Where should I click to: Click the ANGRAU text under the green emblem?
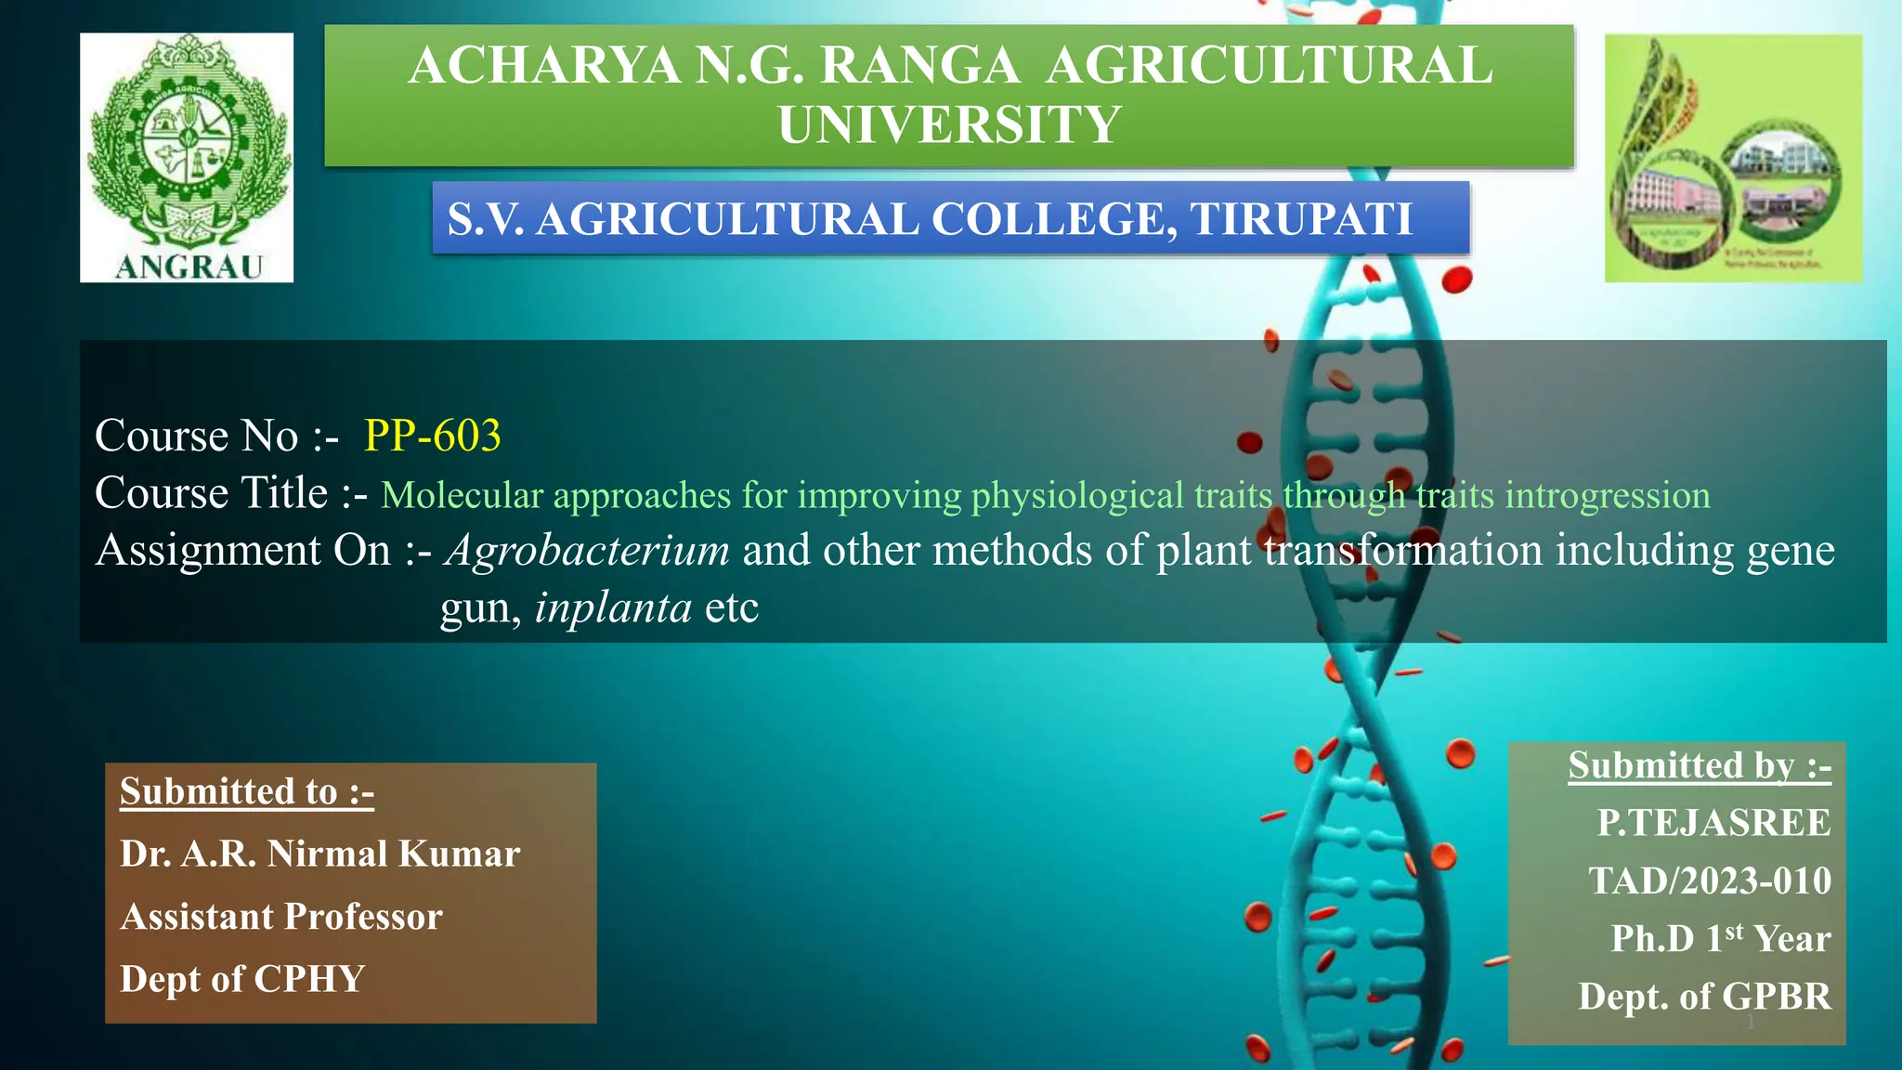point(189,267)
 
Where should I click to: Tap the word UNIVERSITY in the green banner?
point(949,125)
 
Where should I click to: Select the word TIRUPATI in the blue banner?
point(1301,220)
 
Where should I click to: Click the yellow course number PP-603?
point(433,436)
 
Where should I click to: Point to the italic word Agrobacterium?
point(587,550)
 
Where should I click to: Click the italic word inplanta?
point(613,608)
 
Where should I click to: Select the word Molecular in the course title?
point(462,495)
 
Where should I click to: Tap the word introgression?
point(1607,495)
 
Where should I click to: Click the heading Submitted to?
point(246,791)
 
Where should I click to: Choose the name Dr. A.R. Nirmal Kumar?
point(319,854)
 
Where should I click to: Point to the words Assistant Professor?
point(281,917)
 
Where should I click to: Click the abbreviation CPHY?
point(309,979)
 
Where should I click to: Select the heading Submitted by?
point(1699,766)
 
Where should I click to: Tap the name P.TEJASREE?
point(1713,823)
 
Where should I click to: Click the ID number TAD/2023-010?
point(1710,881)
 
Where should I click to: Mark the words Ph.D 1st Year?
point(1720,938)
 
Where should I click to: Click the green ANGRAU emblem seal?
point(189,149)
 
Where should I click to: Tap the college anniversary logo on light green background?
point(1733,158)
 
